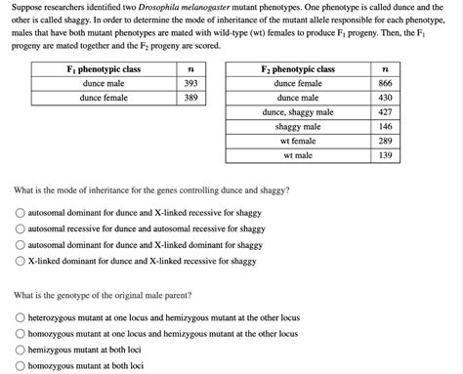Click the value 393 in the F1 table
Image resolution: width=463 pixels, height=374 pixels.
pyautogui.click(x=190, y=84)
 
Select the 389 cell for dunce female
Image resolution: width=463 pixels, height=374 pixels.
pyautogui.click(x=190, y=98)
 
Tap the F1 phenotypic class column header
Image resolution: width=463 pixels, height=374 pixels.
pyautogui.click(x=104, y=69)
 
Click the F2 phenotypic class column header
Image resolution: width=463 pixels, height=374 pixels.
pyautogui.click(x=298, y=69)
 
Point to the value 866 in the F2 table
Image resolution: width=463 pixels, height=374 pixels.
pyautogui.click(x=385, y=84)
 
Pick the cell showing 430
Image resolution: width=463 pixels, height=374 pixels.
pyautogui.click(x=385, y=98)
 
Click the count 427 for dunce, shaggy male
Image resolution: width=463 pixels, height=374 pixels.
pyautogui.click(x=385, y=112)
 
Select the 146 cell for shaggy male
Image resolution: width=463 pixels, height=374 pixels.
pyautogui.click(x=385, y=127)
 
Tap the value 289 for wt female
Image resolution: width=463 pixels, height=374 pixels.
pyautogui.click(x=385, y=141)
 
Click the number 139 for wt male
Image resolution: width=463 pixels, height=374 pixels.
pyautogui.click(x=385, y=155)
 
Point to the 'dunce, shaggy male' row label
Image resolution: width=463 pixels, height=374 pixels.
pyautogui.click(x=298, y=112)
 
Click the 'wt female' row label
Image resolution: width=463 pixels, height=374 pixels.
pyautogui.click(x=298, y=141)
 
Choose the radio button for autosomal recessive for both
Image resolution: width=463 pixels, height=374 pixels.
pyautogui.click(x=21, y=229)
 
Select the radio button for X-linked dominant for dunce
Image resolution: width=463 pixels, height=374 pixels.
pyautogui.click(x=21, y=261)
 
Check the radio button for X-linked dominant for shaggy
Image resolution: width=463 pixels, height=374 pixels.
pyautogui.click(x=21, y=245)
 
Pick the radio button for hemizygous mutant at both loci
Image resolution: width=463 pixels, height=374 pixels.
pyautogui.click(x=21, y=350)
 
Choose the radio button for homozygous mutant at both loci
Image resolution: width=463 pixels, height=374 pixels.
pyautogui.click(x=21, y=366)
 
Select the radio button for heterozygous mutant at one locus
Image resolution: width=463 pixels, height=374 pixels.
pyautogui.click(x=21, y=317)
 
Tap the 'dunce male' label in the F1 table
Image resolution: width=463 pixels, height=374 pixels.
pyautogui.click(x=104, y=84)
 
